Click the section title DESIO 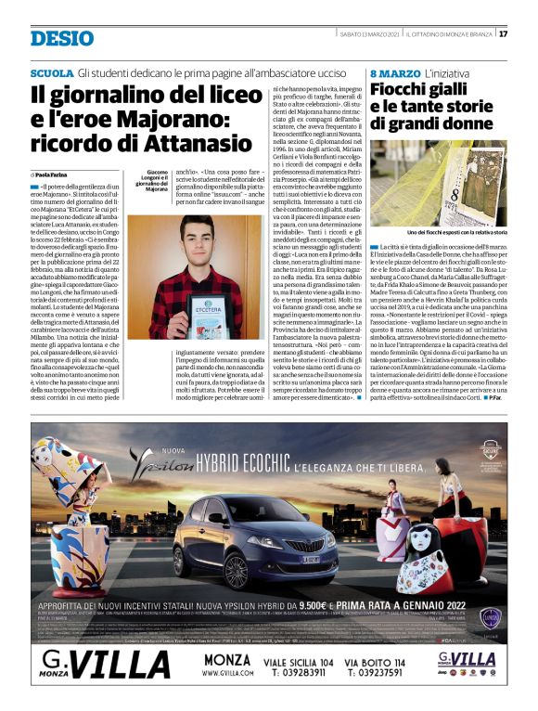[x=60, y=38]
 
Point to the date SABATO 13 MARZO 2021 [x=341, y=34]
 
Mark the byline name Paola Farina [x=58, y=175]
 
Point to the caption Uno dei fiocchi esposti [x=456, y=232]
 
